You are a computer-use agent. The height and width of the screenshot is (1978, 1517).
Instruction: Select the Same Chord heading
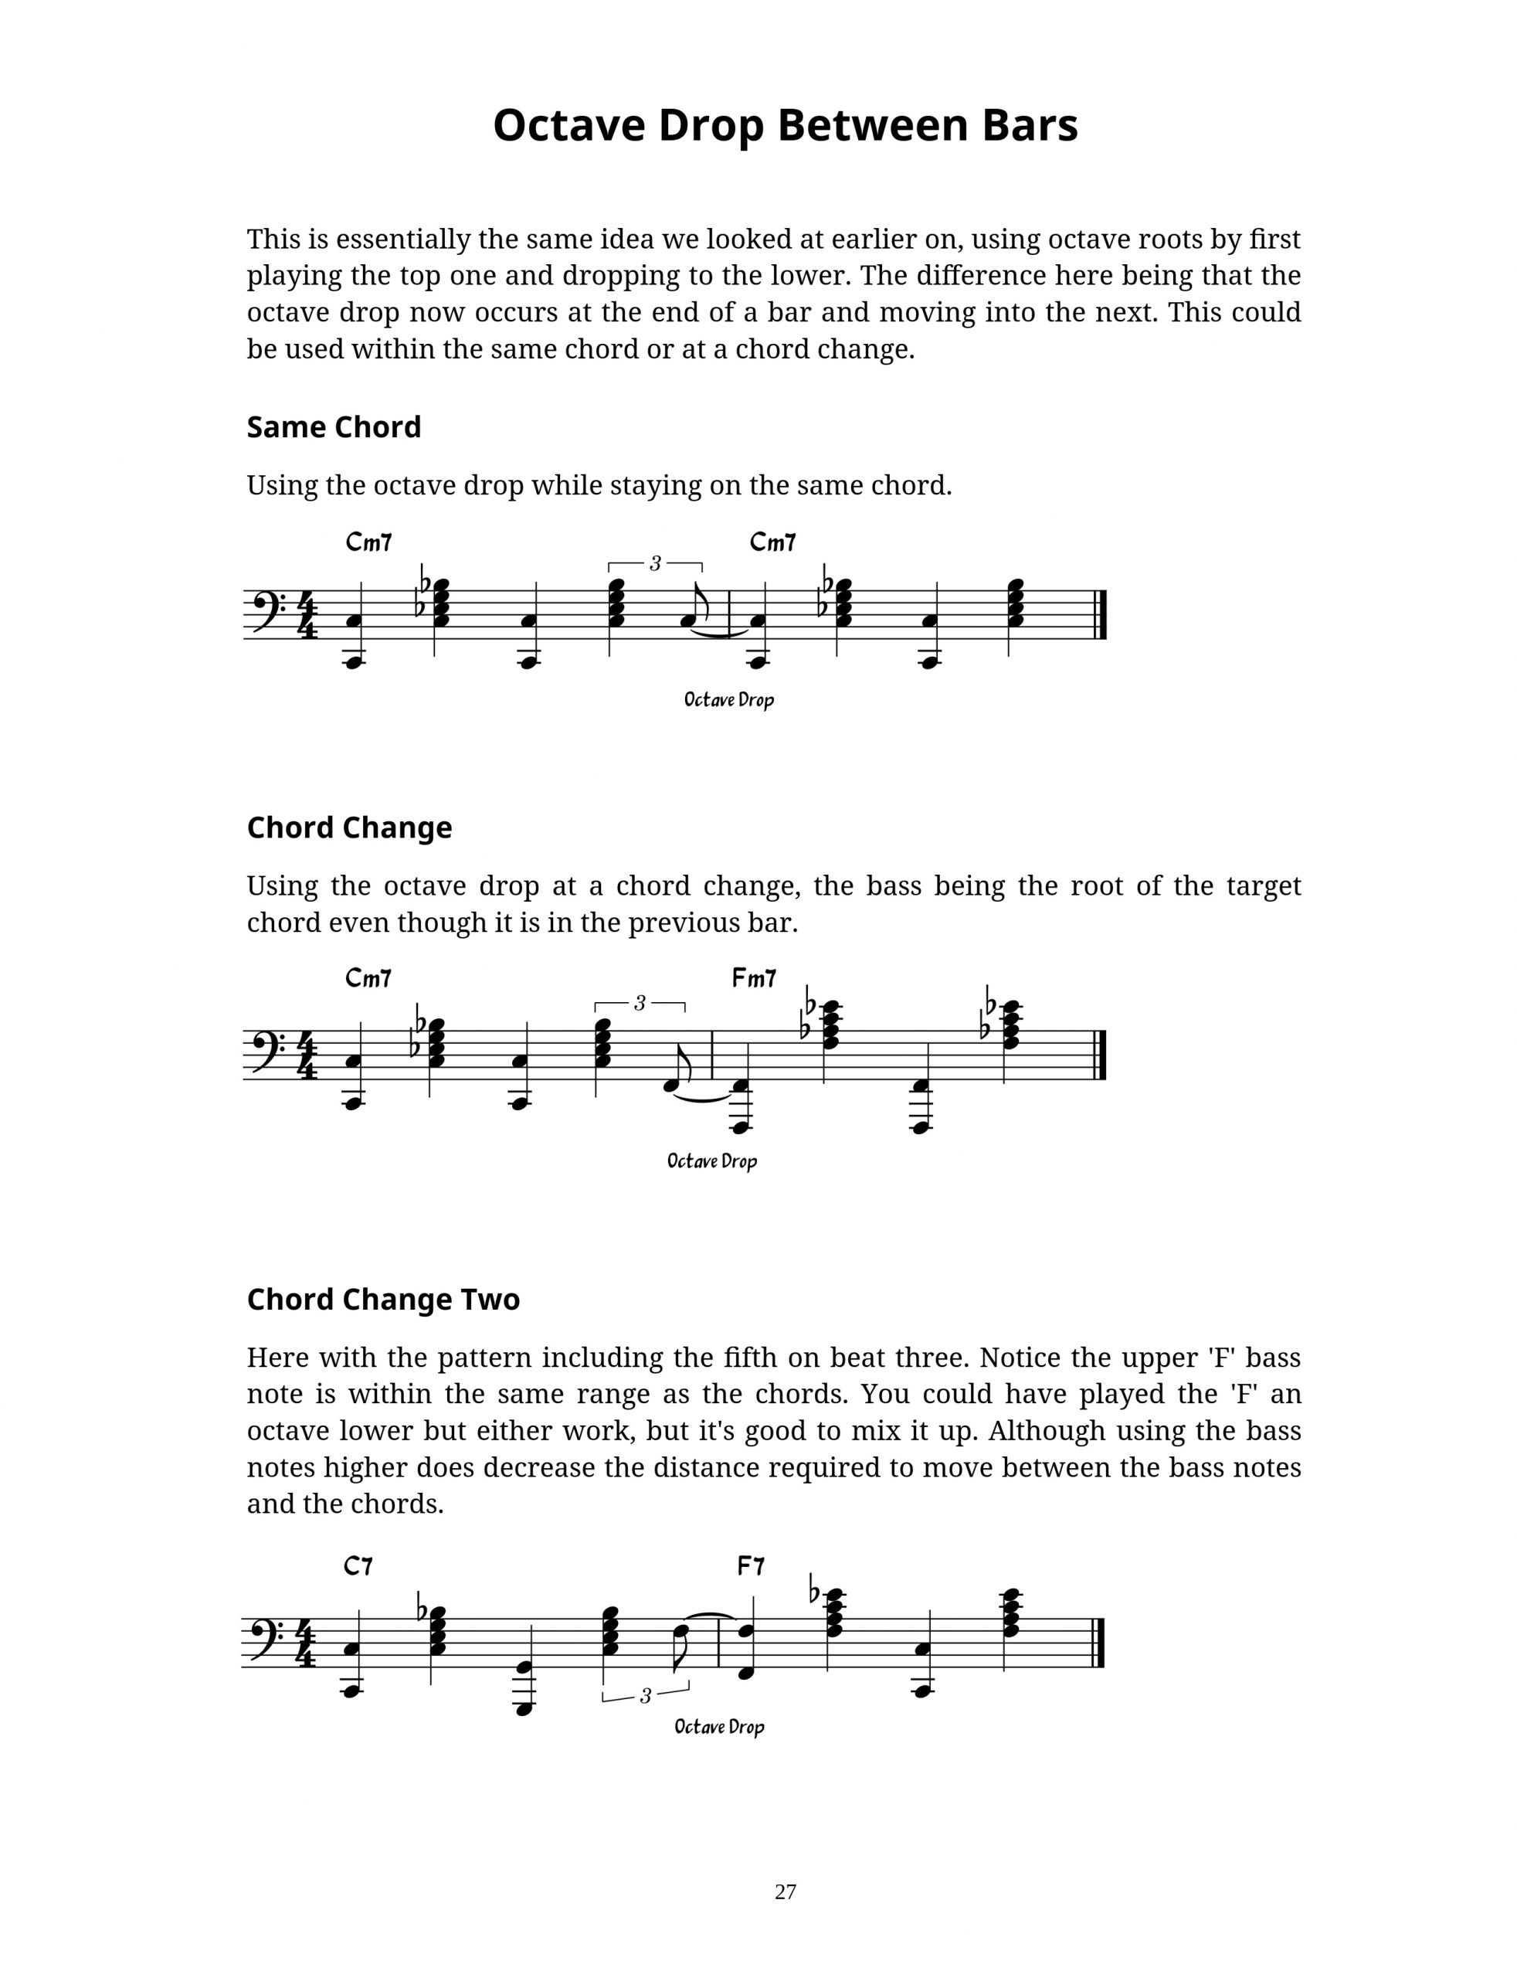click(x=333, y=427)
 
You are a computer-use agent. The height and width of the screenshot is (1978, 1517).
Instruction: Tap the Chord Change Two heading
click(x=383, y=1300)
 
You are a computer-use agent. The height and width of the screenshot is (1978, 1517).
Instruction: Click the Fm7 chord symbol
click(x=754, y=978)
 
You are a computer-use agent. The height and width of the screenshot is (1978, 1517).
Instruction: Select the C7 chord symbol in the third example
click(x=358, y=1566)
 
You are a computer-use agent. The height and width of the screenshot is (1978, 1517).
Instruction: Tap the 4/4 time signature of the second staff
click(x=307, y=1055)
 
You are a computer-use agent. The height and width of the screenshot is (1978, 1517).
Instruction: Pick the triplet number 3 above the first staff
click(x=655, y=563)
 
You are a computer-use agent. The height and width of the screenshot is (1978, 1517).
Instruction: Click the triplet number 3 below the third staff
click(x=645, y=1696)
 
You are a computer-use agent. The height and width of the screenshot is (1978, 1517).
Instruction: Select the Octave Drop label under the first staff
click(x=728, y=700)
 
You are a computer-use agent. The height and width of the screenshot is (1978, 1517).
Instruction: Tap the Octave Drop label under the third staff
click(x=719, y=1727)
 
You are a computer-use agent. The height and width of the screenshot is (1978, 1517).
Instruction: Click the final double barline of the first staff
click(x=1101, y=615)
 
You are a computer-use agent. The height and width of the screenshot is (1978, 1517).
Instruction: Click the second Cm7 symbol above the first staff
click(x=773, y=543)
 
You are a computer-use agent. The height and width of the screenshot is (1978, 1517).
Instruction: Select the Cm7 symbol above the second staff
click(x=368, y=978)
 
